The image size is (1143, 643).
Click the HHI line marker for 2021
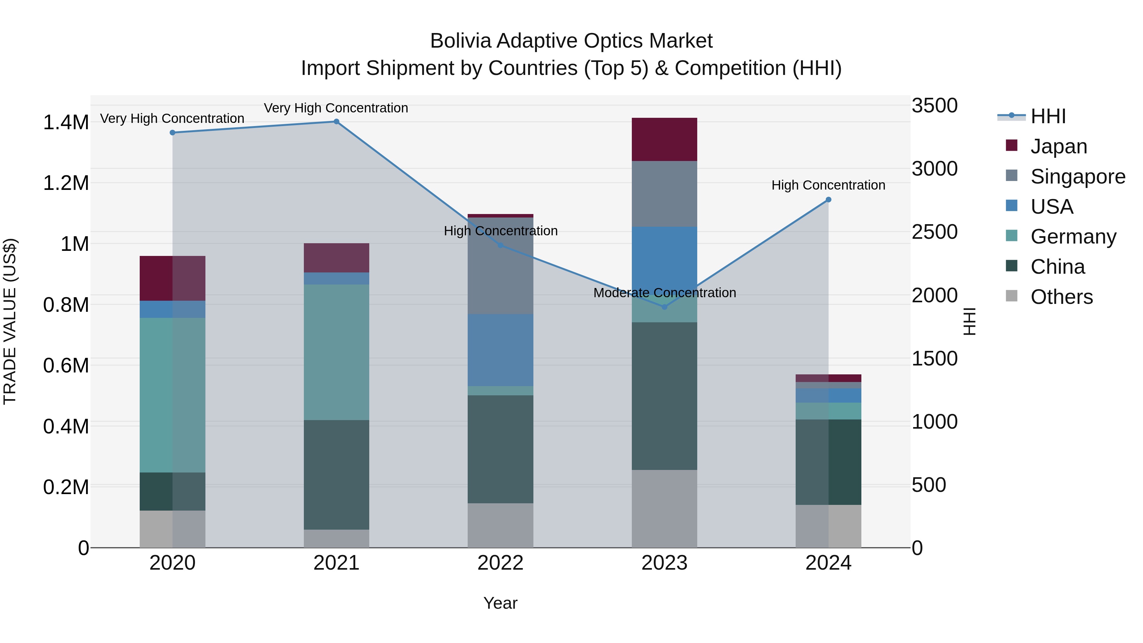tap(336, 122)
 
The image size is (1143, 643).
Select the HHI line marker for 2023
tap(664, 307)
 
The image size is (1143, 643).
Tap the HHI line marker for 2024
tap(828, 200)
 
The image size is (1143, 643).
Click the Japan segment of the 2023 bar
tap(664, 139)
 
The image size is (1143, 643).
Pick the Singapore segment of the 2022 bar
tap(500, 266)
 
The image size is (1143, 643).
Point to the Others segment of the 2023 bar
tap(664, 509)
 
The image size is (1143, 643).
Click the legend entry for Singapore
tap(1077, 176)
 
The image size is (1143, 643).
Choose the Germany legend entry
tap(1073, 237)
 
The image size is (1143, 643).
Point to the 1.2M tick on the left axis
tap(66, 183)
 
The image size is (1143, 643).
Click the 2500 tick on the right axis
tap(934, 232)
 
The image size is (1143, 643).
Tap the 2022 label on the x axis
tap(500, 563)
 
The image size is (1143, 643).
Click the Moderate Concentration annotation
tap(664, 293)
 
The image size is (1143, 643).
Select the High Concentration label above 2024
tap(828, 185)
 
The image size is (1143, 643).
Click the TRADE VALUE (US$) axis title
tap(10, 321)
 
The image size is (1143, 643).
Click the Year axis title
tap(500, 603)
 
